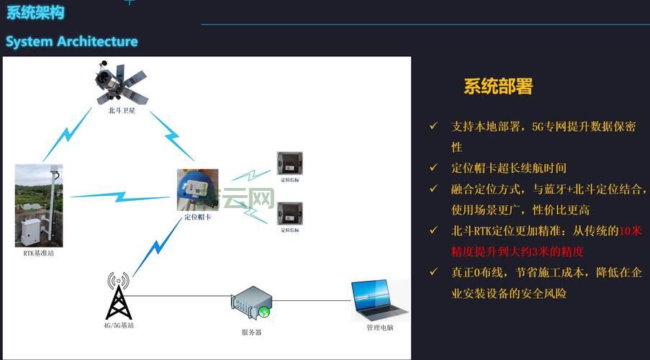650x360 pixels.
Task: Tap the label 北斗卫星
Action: coord(122,111)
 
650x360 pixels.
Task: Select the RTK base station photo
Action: coord(39,205)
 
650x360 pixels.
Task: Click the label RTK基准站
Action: coord(39,253)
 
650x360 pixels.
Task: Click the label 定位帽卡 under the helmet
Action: coord(197,217)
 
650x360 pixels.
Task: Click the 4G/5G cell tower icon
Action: coord(118,295)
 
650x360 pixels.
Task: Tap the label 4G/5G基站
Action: coord(119,325)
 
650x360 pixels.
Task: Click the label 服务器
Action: coord(251,332)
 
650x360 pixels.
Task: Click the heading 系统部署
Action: coord(498,87)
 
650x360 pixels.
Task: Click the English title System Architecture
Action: coord(71,41)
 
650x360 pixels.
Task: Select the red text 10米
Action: coord(629,231)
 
